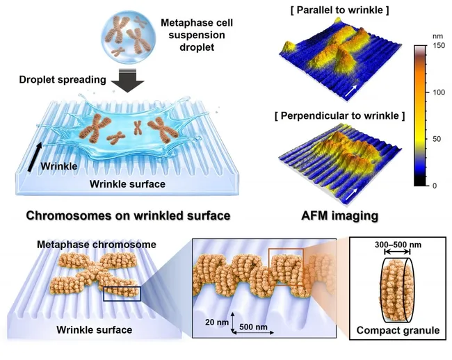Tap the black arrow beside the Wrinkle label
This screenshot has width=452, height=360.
pos(35,157)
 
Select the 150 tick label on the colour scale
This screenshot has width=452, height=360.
pos(439,45)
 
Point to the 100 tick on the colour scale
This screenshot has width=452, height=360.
pos(439,92)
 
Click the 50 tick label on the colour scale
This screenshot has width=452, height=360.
pos(437,139)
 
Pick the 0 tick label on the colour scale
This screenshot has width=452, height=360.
pos(435,186)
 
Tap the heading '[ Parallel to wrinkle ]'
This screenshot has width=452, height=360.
pos(340,10)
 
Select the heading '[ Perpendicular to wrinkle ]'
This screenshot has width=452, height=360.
pos(340,116)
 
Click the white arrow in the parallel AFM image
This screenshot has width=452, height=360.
pos(351,91)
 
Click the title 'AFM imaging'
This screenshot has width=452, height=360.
pos(339,215)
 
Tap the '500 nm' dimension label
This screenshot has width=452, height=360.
pos(253,327)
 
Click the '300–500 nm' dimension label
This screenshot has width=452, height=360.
pos(398,245)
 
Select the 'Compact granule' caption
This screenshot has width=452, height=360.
pos(398,330)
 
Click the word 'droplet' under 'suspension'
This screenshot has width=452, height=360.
pos(197,47)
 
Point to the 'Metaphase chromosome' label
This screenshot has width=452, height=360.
pos(97,245)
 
